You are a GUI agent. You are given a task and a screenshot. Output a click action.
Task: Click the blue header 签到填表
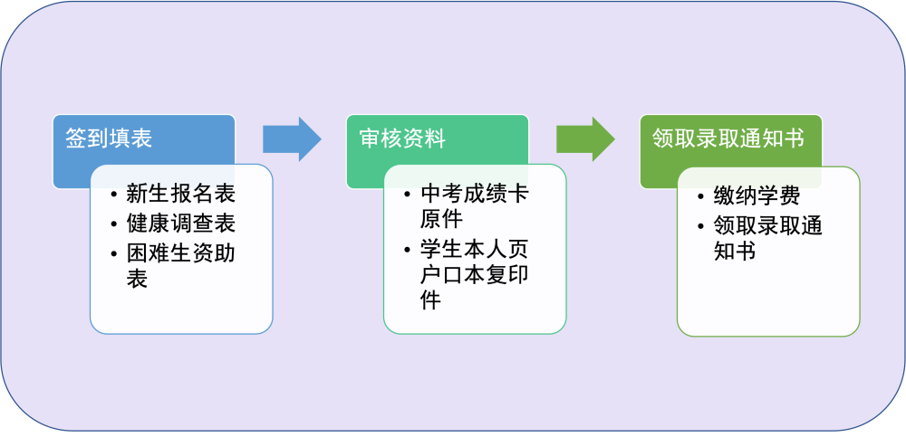tap(109, 138)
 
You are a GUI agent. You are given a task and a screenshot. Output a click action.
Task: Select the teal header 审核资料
tap(402, 138)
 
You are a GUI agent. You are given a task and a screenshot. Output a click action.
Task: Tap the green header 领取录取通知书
tap(728, 138)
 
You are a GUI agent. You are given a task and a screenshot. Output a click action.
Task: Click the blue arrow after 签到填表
tap(292, 139)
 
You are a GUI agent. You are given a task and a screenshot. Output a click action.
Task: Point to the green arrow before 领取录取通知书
tap(585, 139)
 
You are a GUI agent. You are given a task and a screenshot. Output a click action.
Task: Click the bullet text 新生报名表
tap(181, 194)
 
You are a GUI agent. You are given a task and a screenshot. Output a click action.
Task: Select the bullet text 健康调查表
tap(181, 223)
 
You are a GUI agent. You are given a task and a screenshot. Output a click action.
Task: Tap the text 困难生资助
tap(181, 253)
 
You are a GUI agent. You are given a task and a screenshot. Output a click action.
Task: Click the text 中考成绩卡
tap(475, 194)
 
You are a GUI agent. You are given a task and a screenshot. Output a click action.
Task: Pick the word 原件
tap(441, 219)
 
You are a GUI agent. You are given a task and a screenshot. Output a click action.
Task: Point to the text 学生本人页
tap(475, 249)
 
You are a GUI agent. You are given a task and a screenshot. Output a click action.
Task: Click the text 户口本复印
tap(475, 275)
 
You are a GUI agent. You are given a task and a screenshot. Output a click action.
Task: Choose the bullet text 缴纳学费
tap(757, 196)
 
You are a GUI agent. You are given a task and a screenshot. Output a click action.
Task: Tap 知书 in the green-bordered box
tap(735, 251)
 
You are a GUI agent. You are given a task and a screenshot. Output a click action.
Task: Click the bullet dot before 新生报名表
tap(114, 195)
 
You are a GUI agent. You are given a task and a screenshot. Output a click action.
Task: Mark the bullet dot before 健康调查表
tap(114, 223)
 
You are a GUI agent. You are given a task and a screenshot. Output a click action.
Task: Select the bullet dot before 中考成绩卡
tap(408, 195)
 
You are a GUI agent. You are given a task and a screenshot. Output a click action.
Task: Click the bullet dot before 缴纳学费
tap(701, 196)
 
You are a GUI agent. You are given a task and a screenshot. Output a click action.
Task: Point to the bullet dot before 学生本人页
tap(408, 250)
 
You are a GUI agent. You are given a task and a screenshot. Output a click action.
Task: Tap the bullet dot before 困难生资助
tap(114, 253)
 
